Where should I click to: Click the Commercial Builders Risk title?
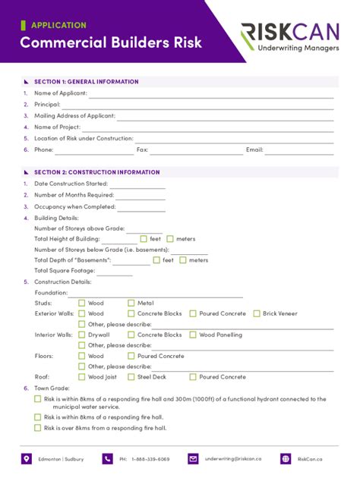[x=111, y=42]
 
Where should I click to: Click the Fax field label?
[x=142, y=150]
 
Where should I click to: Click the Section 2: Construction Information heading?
[x=96, y=172]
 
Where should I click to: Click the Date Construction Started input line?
[x=137, y=184]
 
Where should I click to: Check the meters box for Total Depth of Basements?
[x=182, y=260]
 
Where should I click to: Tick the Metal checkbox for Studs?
[x=131, y=303]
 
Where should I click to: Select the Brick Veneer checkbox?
[x=257, y=313]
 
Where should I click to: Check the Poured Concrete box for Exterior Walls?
[x=194, y=313]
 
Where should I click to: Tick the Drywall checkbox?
[x=82, y=335]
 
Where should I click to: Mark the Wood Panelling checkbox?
[x=194, y=335]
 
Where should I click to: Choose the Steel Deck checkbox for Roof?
[x=131, y=377]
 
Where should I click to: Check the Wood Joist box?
[x=82, y=377]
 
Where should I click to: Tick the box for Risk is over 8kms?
[x=38, y=428]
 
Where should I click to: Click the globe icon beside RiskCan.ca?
[x=286, y=459]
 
